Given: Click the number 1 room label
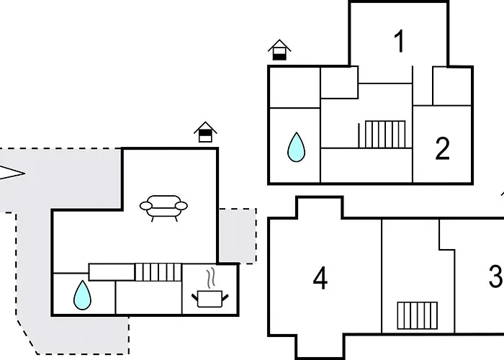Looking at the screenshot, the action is click(x=399, y=42).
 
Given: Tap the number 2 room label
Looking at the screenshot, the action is click(x=442, y=148).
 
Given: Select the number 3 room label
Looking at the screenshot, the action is click(x=496, y=276).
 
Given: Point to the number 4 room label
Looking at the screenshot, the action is click(x=320, y=278).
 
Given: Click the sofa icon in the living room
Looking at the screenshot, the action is click(x=163, y=208).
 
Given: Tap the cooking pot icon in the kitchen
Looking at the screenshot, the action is click(x=210, y=299).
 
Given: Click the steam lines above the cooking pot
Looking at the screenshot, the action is click(x=210, y=279).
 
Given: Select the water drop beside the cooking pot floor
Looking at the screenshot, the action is click(x=82, y=295).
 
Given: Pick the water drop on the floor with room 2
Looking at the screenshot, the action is click(x=296, y=147).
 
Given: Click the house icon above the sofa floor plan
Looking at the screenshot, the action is click(x=205, y=132).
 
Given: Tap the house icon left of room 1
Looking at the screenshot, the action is click(x=279, y=50).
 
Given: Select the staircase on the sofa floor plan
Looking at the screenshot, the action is click(x=158, y=272).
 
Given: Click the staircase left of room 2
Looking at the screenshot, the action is click(x=385, y=135).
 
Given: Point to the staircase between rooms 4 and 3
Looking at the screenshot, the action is click(x=417, y=315).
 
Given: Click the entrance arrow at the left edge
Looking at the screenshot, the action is click(x=12, y=174).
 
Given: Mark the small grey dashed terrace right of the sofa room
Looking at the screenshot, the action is click(x=238, y=236).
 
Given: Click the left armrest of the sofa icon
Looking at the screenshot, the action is click(x=146, y=206).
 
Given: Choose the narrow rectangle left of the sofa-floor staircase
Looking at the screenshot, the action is click(x=112, y=272).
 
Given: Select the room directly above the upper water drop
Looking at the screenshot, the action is click(x=294, y=87).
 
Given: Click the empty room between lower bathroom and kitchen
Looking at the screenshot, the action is click(x=148, y=297).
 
